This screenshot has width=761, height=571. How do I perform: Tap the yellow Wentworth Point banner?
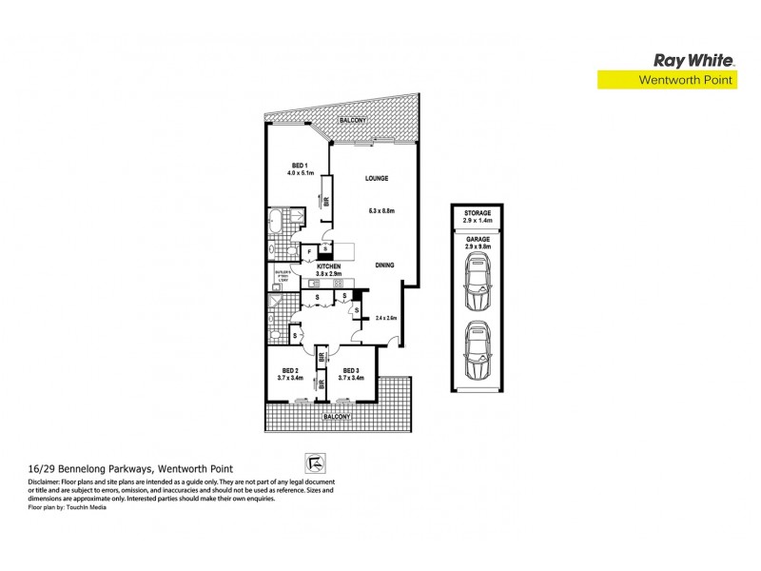point(665,81)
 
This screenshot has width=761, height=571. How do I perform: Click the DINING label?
point(384,266)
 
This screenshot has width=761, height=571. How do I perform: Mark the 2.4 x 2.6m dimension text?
point(386,318)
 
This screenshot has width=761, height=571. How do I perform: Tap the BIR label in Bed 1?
point(326,202)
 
